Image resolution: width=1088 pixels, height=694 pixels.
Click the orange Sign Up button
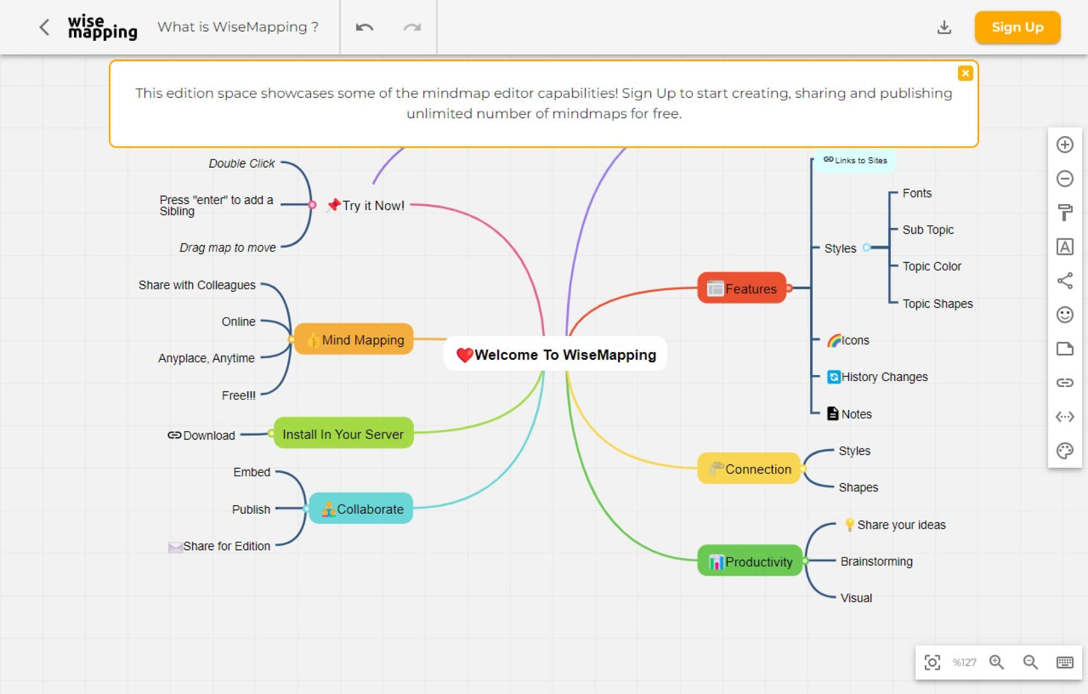(x=1017, y=27)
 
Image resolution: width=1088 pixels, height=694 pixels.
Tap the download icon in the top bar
(x=944, y=27)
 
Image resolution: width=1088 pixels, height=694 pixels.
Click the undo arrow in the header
(x=364, y=27)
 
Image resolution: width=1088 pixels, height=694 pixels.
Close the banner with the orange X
(x=965, y=73)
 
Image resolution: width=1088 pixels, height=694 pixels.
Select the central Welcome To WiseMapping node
(x=555, y=354)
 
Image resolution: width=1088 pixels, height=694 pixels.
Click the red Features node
(x=742, y=288)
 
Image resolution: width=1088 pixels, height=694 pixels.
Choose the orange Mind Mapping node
(x=354, y=340)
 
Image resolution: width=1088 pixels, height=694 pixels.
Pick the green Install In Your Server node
(x=343, y=434)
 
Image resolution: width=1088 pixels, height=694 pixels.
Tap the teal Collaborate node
(x=361, y=509)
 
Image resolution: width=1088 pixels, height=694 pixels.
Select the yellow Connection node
(x=750, y=469)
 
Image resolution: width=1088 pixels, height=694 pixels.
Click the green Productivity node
(x=750, y=561)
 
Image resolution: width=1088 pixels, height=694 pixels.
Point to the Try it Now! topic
(x=372, y=206)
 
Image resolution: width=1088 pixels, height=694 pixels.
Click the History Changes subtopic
(x=883, y=377)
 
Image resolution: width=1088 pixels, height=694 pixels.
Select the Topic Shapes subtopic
(x=937, y=304)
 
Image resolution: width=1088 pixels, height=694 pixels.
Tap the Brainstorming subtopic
(x=876, y=561)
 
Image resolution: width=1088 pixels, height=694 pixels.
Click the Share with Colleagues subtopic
(x=197, y=285)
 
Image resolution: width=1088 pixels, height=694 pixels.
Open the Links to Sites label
(x=856, y=161)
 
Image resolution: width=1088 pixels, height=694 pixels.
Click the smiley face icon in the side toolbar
(x=1065, y=315)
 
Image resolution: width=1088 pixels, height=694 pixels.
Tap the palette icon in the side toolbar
(x=1065, y=451)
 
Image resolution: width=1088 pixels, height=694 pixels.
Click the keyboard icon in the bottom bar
(x=1065, y=662)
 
